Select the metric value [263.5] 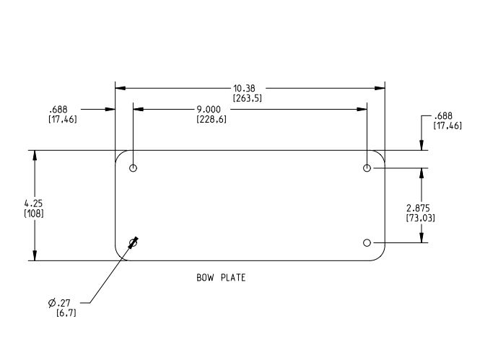click(246, 98)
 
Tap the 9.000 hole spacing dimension click(211, 110)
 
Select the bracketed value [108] click(33, 214)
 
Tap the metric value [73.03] click(419, 217)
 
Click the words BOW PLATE click(221, 277)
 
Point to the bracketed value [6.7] click(67, 312)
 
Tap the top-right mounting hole click(367, 168)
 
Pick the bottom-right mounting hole click(367, 242)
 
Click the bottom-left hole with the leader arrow click(133, 242)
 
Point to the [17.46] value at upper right click(448, 126)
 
